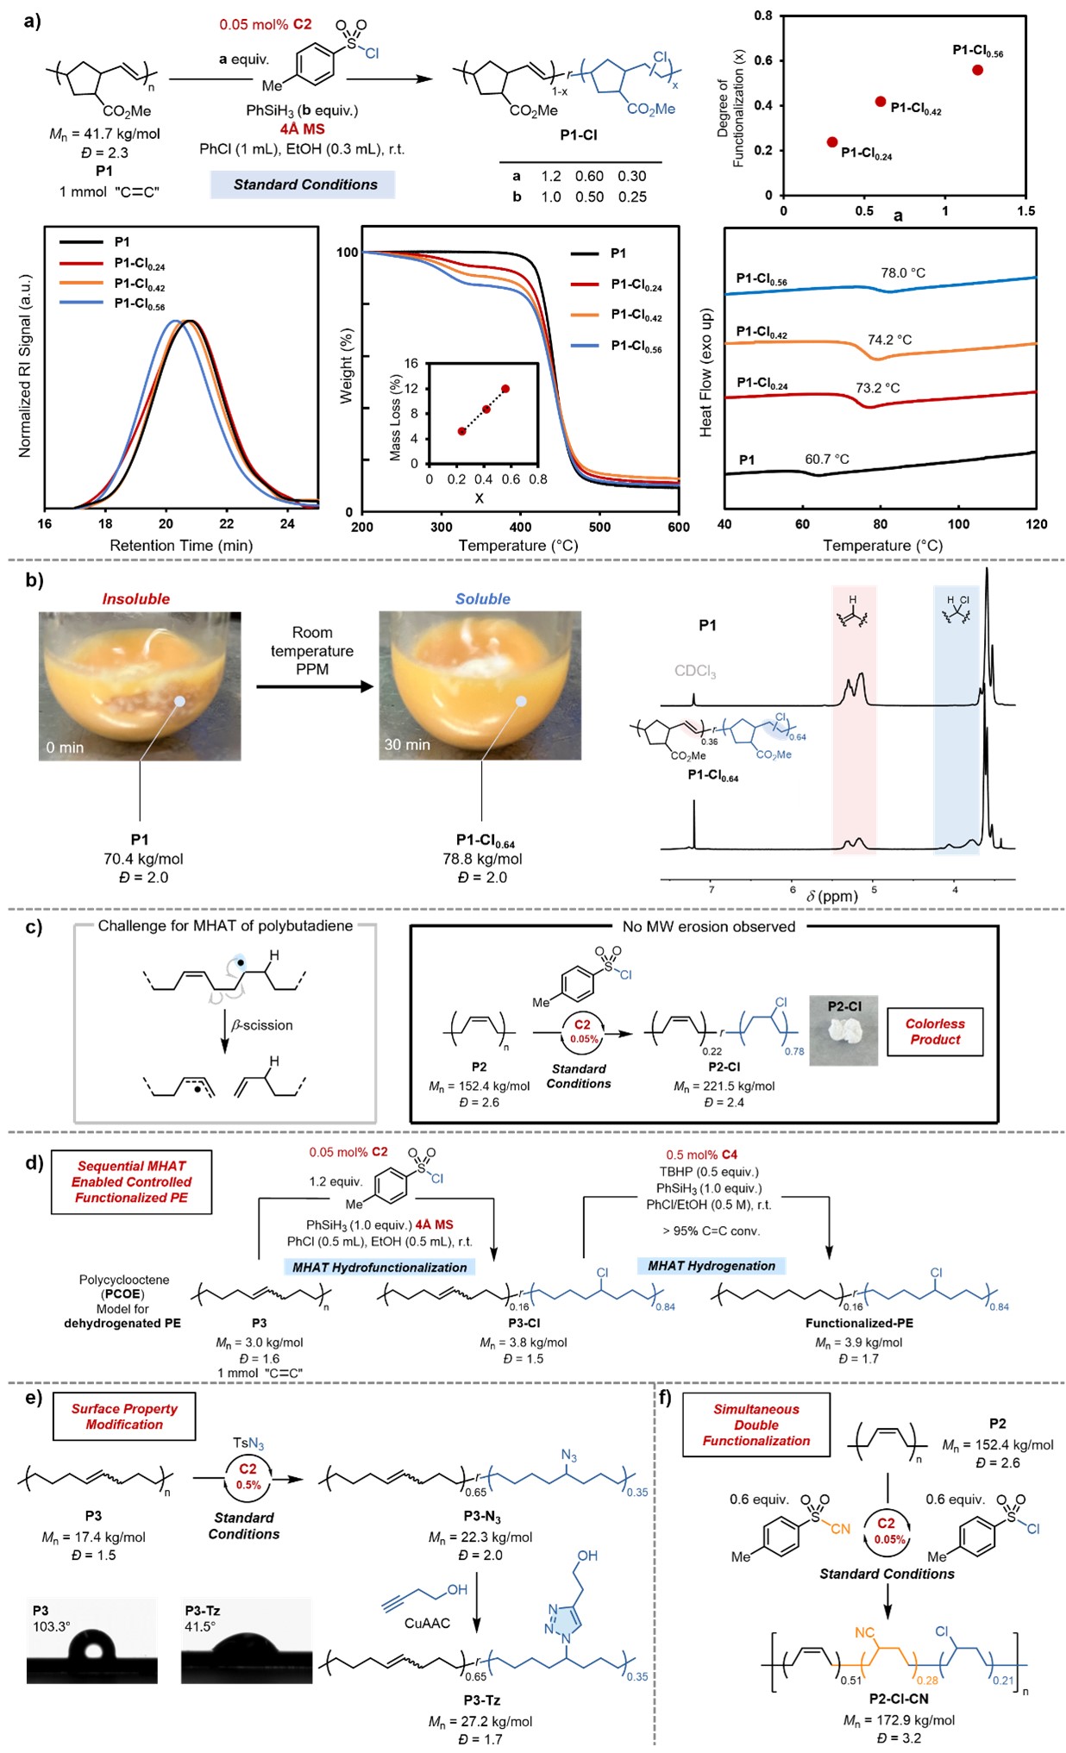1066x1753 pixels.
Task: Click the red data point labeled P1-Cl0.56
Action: tap(977, 70)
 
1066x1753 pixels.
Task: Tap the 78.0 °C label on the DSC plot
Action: tap(902, 273)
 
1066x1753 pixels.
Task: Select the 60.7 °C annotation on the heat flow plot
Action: tap(826, 460)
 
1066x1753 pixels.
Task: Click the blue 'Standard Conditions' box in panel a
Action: tap(304, 185)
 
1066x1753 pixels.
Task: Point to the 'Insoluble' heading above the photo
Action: tap(135, 599)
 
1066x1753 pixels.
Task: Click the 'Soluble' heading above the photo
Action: tap(482, 599)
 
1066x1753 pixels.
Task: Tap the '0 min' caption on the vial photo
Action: tap(66, 748)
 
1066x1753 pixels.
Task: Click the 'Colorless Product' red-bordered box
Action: tap(934, 1031)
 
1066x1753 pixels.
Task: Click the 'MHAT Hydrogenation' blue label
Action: tap(712, 1266)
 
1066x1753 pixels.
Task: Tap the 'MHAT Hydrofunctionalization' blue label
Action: tap(379, 1268)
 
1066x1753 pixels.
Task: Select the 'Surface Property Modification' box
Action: tap(124, 1417)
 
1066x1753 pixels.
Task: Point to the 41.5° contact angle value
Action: tap(199, 1626)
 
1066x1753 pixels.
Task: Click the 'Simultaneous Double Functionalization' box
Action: tap(756, 1424)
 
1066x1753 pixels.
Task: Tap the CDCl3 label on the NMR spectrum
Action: tap(695, 672)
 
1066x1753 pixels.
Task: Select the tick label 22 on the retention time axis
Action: tap(226, 524)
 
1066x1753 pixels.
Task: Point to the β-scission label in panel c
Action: tap(262, 1025)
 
